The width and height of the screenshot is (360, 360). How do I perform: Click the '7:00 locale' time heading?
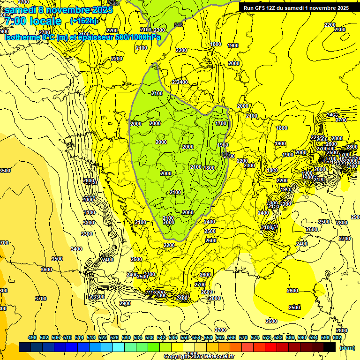[x=33, y=21]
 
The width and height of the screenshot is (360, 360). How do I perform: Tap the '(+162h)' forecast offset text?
[x=84, y=21]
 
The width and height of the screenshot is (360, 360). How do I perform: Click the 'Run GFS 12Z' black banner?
[x=296, y=7]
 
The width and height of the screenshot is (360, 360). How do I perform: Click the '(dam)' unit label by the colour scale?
[x=347, y=347]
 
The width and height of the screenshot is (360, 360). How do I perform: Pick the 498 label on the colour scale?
[x=32, y=337]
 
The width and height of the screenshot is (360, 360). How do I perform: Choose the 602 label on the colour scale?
[x=337, y=337]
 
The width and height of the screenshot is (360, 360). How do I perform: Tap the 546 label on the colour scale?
[x=173, y=337]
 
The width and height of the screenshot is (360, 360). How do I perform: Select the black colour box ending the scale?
[x=330, y=347]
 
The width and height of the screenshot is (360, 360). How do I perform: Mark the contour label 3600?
[x=46, y=270]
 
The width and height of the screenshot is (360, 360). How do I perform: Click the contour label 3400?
[x=76, y=249]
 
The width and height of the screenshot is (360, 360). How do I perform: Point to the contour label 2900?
[x=125, y=303]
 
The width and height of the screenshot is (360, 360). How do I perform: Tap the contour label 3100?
[x=89, y=212]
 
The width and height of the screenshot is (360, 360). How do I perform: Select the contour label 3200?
[x=88, y=223]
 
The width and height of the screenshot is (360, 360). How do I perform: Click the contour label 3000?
[x=88, y=200]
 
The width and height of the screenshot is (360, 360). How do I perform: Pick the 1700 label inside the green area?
[x=221, y=123]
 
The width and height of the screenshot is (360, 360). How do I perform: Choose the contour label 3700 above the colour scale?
[x=41, y=298]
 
